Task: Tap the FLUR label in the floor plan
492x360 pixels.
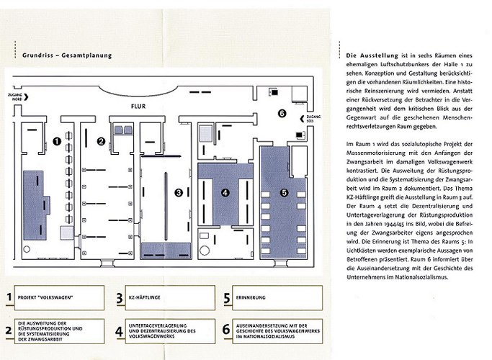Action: pos(138,104)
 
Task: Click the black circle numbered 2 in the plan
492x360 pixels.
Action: pos(102,140)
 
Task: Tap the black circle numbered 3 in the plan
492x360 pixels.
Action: pos(178,192)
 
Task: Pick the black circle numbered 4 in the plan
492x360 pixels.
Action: pos(225,192)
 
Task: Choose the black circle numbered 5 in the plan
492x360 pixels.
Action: pos(284,192)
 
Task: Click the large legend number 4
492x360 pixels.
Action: pos(119,330)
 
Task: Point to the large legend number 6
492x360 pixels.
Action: pos(226,330)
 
